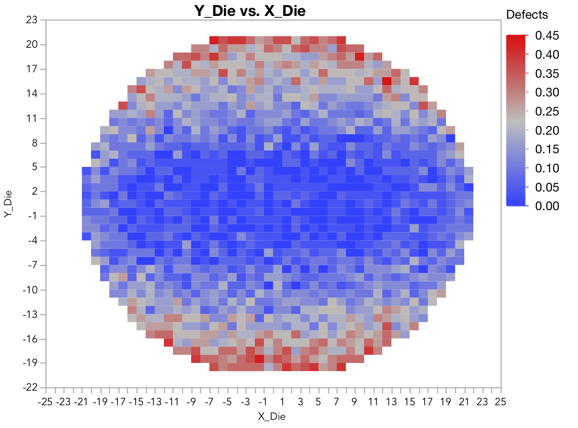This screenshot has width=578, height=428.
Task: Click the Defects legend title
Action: click(527, 15)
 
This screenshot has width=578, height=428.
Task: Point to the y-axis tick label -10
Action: click(32, 290)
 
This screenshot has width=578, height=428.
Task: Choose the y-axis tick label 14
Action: click(34, 94)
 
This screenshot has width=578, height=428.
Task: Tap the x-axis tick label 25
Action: click(501, 402)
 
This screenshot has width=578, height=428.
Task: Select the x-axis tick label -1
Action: click(263, 402)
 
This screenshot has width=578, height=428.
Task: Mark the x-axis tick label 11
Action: click(373, 402)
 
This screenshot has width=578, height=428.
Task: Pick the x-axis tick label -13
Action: click(155, 402)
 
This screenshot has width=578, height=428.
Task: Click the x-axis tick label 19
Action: click(446, 402)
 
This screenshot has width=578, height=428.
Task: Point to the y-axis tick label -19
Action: click(32, 363)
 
